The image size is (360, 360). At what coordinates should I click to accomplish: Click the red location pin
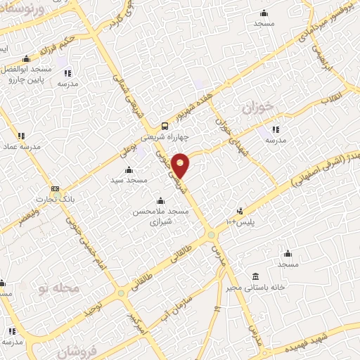181,165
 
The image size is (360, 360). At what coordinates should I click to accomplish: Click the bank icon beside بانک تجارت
55,189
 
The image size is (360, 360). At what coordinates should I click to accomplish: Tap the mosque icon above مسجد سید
128,169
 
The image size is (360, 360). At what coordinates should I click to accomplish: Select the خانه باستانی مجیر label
269,285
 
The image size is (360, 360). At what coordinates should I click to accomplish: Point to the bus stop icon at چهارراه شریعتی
164,126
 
